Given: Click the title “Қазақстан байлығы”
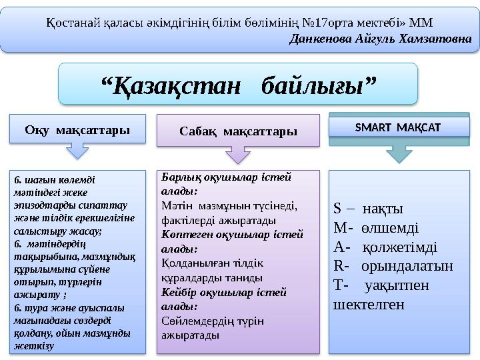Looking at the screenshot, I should [x=238, y=85].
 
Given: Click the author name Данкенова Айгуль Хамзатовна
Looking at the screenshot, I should [x=381, y=39].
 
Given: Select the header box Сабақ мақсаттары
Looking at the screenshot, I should [x=238, y=130].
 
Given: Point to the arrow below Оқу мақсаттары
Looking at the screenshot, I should [x=79, y=152].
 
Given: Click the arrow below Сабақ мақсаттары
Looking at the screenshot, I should [x=238, y=155].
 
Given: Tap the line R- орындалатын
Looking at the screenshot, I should [x=393, y=266].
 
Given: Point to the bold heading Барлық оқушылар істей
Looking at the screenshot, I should [x=227, y=177].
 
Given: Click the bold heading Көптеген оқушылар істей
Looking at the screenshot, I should [x=232, y=234].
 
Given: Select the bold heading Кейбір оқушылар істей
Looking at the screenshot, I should [x=225, y=292].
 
